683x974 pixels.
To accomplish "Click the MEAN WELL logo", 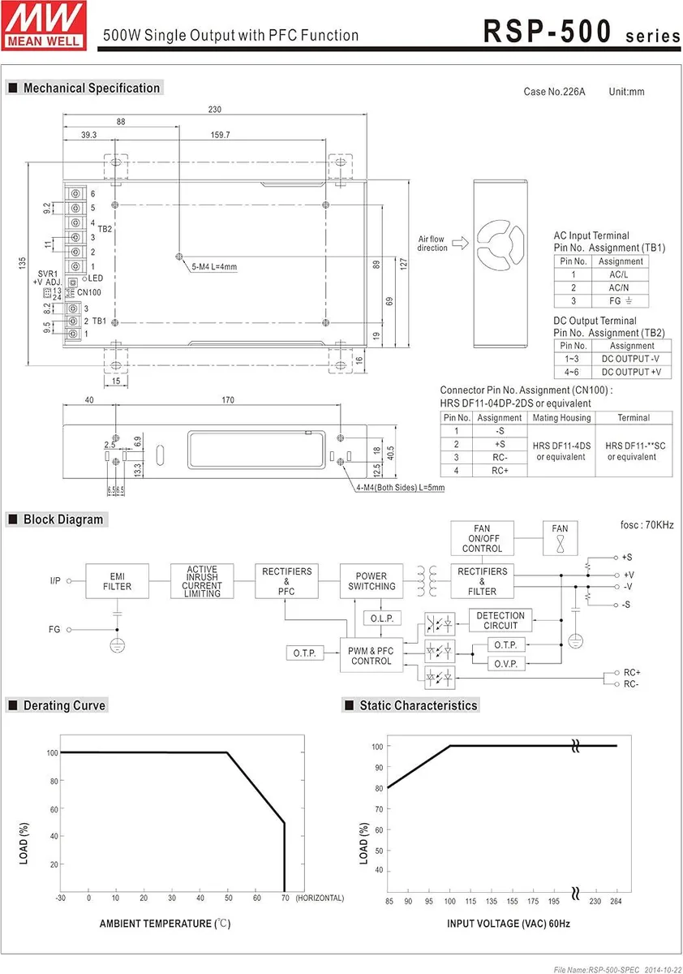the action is [x=44, y=25].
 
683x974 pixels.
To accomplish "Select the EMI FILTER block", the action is [x=117, y=581].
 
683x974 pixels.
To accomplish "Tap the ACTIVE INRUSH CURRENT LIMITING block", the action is [x=202, y=581].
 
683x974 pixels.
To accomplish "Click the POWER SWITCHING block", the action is [x=372, y=581].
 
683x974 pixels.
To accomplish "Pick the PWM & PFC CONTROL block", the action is [x=372, y=656].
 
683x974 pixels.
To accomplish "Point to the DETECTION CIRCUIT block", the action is [x=500, y=620].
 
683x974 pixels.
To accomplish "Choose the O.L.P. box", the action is [x=382, y=618].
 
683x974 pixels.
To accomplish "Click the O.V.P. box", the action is [x=506, y=664].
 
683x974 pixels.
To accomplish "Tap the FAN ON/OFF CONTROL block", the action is [x=483, y=538].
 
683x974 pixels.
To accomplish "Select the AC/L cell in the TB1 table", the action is [x=620, y=274].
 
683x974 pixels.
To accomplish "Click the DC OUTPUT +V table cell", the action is [x=631, y=372].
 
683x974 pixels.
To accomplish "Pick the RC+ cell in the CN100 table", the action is [x=500, y=471].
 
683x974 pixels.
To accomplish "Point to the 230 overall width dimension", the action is [x=215, y=109].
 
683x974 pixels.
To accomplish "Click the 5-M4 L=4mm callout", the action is [x=214, y=266].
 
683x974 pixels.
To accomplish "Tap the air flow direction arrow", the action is [x=460, y=243].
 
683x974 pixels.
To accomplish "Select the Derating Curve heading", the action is [x=64, y=705].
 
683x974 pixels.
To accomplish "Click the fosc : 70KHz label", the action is [x=647, y=525].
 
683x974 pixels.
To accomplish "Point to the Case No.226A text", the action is [x=554, y=92].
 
